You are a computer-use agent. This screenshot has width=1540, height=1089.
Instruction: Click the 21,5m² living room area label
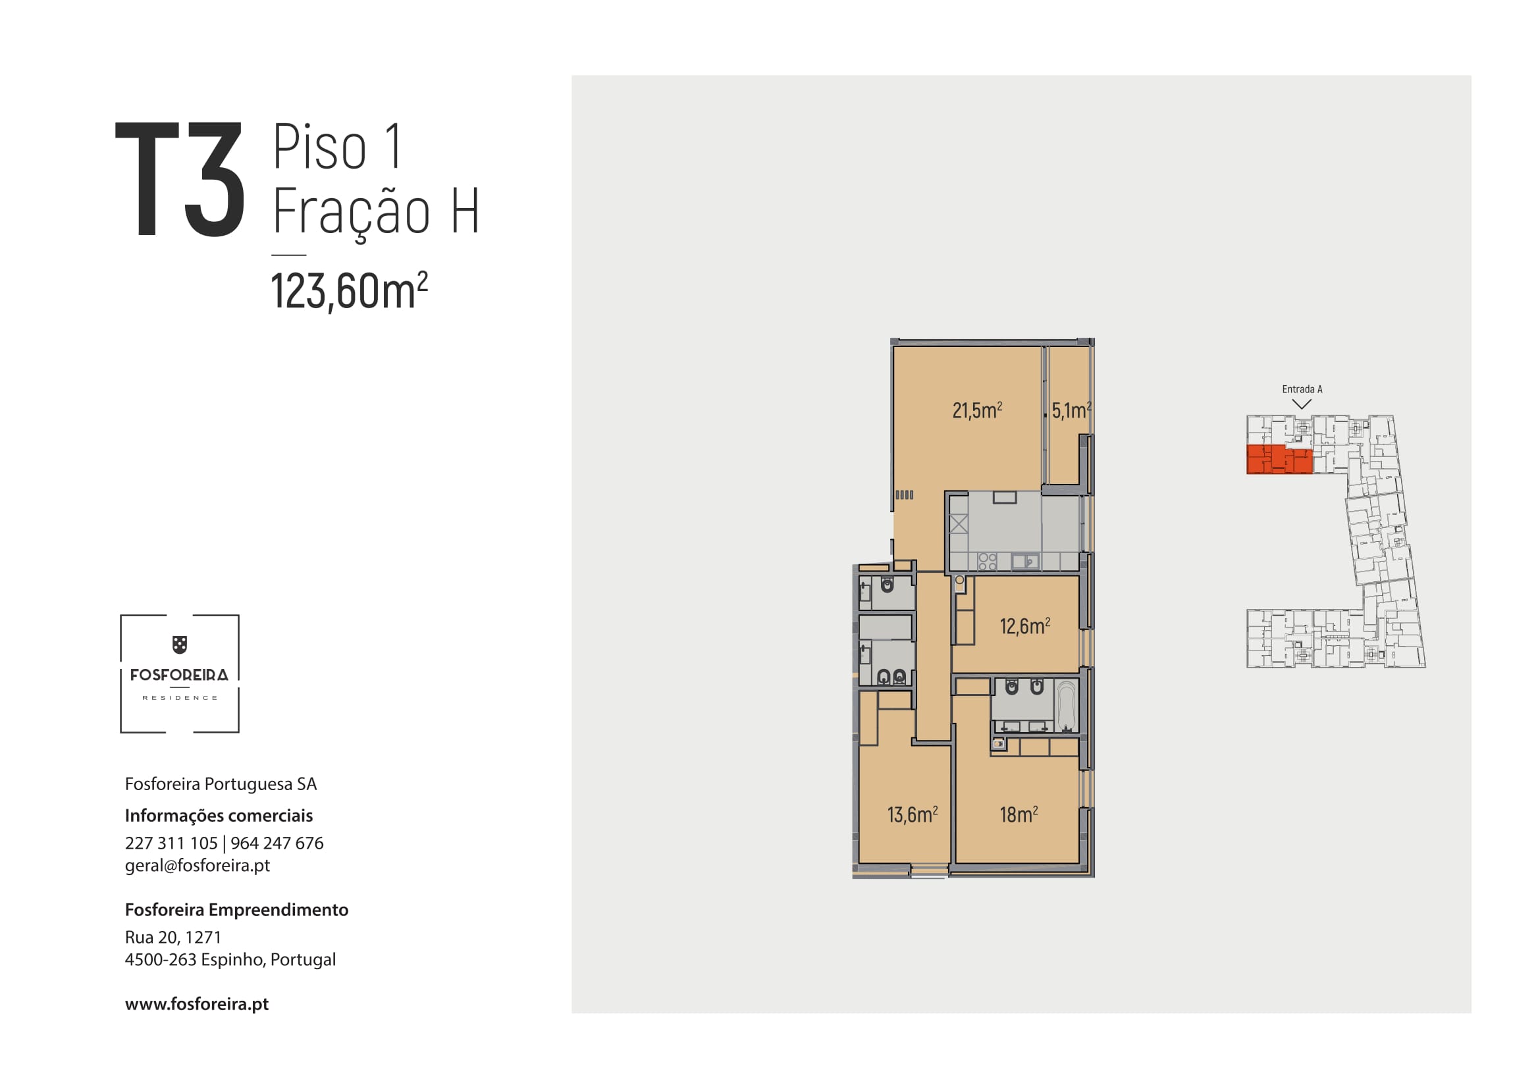click(977, 410)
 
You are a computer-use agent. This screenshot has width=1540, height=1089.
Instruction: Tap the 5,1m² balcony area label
click(1071, 410)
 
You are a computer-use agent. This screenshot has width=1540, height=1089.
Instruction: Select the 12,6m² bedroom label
click(1025, 625)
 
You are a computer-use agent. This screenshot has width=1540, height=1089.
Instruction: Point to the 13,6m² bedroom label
click(912, 814)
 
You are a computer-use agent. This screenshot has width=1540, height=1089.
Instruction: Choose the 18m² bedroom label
click(1019, 814)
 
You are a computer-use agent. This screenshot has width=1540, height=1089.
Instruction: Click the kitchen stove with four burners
click(988, 561)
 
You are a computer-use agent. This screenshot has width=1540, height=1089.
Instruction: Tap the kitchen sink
click(1026, 560)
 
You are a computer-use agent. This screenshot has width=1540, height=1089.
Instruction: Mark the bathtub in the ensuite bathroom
click(1066, 705)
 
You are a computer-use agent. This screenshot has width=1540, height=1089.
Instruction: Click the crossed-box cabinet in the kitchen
click(959, 523)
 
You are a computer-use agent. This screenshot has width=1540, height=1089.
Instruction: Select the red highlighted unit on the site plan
click(1279, 460)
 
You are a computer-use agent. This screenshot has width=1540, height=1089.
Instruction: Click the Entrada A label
click(1302, 389)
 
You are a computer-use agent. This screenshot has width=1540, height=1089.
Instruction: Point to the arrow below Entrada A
click(1302, 404)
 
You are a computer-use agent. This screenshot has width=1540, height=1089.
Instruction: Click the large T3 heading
click(180, 179)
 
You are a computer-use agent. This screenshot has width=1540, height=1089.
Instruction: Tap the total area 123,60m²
click(349, 291)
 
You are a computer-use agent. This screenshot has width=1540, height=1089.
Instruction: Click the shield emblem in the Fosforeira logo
click(179, 645)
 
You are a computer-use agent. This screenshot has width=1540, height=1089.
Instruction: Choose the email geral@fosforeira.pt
click(198, 865)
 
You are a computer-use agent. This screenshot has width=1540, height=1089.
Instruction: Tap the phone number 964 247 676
click(277, 843)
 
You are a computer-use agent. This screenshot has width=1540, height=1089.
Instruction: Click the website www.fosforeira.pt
click(196, 1004)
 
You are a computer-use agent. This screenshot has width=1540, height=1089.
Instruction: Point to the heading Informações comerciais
click(219, 815)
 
